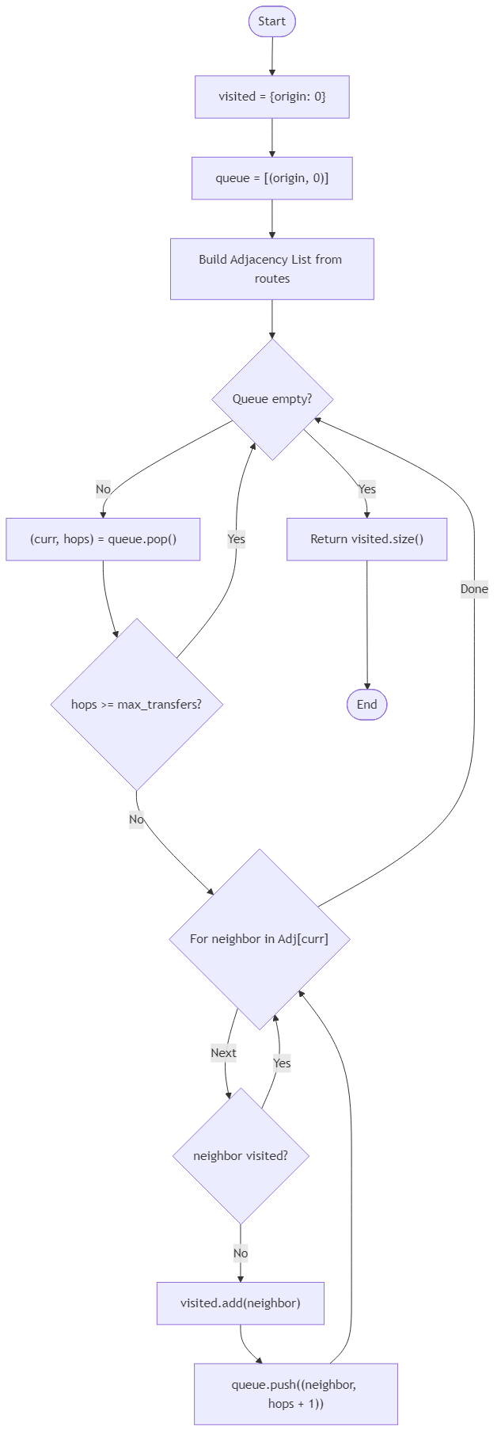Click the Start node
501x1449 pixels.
pyautogui.click(x=271, y=21)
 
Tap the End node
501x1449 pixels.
pyautogui.click(x=366, y=704)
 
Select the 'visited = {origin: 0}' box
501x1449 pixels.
pyautogui.click(x=271, y=97)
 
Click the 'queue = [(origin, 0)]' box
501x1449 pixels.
pyautogui.click(x=271, y=178)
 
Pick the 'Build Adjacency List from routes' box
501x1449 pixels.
pyautogui.click(x=271, y=268)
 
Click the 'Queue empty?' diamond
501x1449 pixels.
pyautogui.click(x=271, y=399)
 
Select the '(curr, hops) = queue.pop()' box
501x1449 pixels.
pyautogui.click(x=103, y=539)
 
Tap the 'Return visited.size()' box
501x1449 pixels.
pyautogui.click(x=366, y=539)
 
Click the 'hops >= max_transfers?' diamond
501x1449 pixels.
pyautogui.click(x=136, y=704)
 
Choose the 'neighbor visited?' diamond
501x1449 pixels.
pyautogui.click(x=241, y=1156)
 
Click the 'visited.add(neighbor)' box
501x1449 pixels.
pyautogui.click(x=241, y=1303)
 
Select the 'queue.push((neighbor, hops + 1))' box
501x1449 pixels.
pyautogui.click(x=295, y=1394)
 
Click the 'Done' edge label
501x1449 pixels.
pyautogui.click(x=474, y=589)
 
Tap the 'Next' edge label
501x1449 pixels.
pyautogui.click(x=223, y=1053)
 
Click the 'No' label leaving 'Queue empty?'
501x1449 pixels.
pyautogui.click(x=103, y=489)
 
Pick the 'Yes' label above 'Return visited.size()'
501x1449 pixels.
pyautogui.click(x=366, y=489)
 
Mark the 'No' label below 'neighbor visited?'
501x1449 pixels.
pyautogui.click(x=241, y=1253)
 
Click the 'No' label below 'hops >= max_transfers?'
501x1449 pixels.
pyautogui.click(x=136, y=820)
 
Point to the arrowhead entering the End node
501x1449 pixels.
pyautogui.click(x=366, y=686)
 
